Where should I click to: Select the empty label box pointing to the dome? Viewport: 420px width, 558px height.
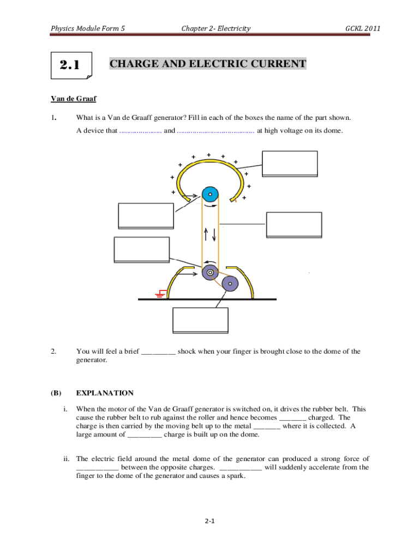[x=289, y=162]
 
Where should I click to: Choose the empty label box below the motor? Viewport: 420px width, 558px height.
[x=200, y=320]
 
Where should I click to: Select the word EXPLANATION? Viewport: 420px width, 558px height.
[x=105, y=393]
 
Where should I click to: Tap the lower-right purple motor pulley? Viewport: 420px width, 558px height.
[x=230, y=283]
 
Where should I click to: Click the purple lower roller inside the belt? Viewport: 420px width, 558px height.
[x=210, y=272]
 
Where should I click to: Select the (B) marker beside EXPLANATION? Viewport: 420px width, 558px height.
[x=56, y=393]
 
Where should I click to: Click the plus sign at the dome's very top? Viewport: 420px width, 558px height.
[x=209, y=155]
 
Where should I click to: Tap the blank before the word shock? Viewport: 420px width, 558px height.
[x=158, y=352]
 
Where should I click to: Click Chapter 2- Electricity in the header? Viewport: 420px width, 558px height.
[x=216, y=28]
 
